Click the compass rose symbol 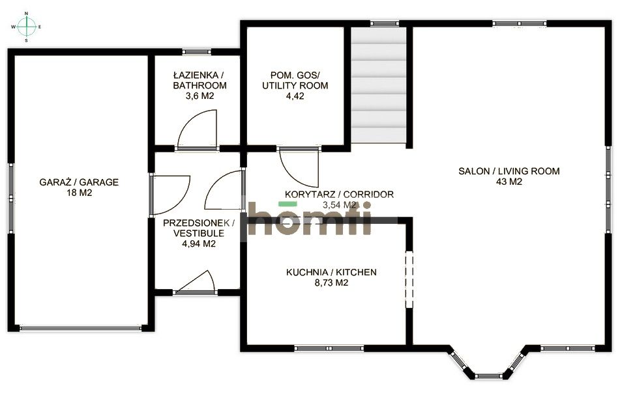pos(26,27)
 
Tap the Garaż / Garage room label pos(79,182)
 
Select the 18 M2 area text pos(79,193)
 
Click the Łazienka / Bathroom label pos(199,81)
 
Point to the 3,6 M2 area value pos(199,96)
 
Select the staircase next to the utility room pos(379,85)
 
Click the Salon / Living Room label pos(509,172)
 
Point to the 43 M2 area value pos(509,182)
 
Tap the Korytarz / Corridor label pos(339,194)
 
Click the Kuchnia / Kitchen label pos(331,272)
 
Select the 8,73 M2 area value pos(331,283)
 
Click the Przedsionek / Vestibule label pos(199,228)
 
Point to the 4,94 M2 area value pos(199,244)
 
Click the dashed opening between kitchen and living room pos(409,280)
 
